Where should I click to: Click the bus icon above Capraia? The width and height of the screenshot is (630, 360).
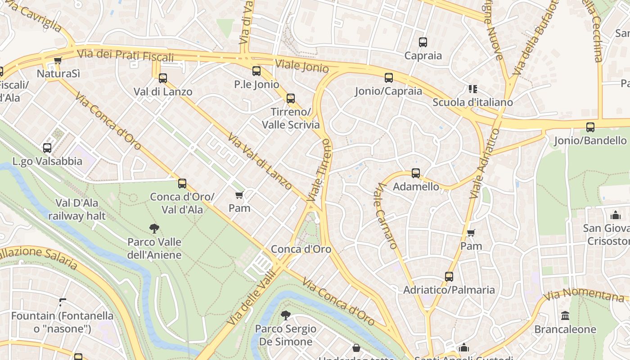(x=423, y=42)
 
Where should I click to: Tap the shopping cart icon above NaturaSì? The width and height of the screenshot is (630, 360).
(x=58, y=61)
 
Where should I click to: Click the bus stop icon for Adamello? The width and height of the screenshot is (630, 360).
(x=416, y=173)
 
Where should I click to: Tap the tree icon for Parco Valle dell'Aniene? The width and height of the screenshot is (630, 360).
(x=154, y=229)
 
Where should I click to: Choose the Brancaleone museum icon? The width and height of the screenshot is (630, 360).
(x=565, y=315)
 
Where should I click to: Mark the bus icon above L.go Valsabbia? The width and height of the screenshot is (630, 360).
(x=47, y=148)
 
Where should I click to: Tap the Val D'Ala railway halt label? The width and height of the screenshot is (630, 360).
(x=77, y=209)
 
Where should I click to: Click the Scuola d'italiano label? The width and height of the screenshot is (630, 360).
(x=472, y=102)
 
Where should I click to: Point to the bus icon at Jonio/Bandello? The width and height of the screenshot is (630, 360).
(x=590, y=127)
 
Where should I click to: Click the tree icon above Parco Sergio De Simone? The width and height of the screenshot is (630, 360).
(x=285, y=315)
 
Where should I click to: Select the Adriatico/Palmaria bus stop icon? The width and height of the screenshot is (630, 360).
(x=449, y=277)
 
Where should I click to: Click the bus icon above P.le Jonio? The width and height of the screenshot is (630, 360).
(x=256, y=71)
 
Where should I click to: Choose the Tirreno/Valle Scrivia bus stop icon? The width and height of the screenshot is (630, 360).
(x=291, y=99)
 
